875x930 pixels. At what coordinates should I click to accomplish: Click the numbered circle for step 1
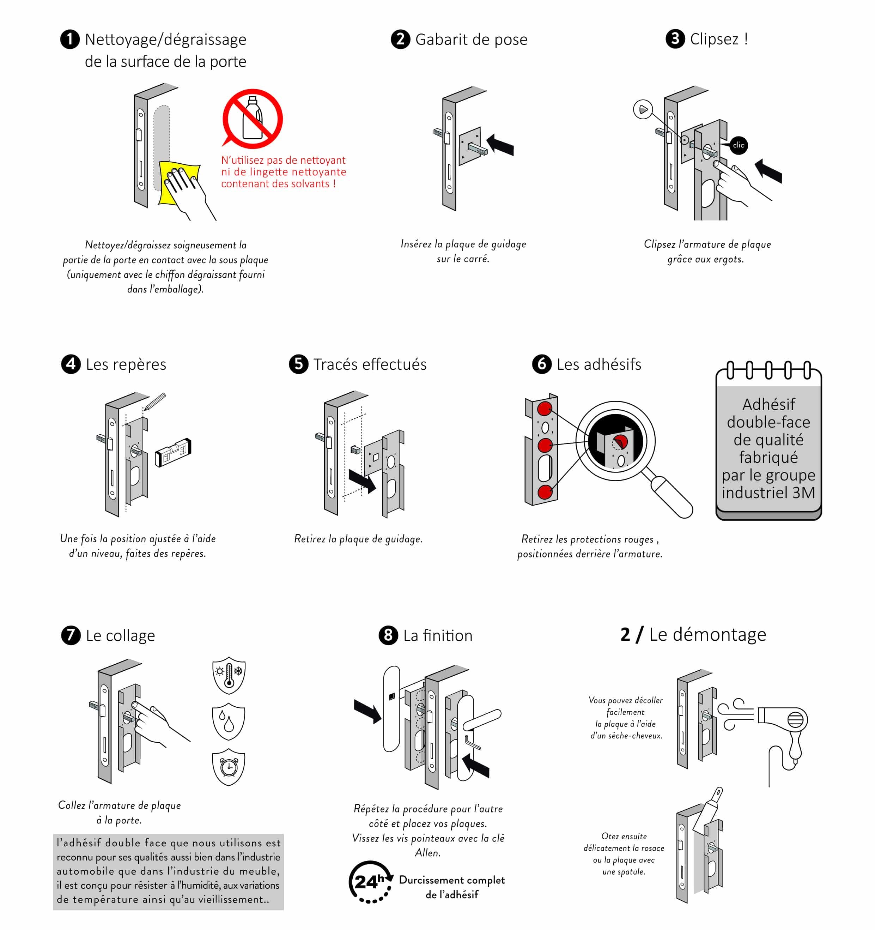70,39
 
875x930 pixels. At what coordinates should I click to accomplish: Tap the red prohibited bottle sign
253,118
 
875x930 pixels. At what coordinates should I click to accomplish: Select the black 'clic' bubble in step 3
738,145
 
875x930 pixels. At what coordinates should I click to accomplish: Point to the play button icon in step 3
643,109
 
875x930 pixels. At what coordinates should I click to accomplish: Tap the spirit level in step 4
173,452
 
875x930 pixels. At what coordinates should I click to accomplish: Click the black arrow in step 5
363,481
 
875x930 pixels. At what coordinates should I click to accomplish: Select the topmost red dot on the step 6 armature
544,409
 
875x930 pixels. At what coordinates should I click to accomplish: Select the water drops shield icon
229,721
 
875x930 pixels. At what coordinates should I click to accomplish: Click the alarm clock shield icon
229,767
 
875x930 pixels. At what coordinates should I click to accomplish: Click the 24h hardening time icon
370,881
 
